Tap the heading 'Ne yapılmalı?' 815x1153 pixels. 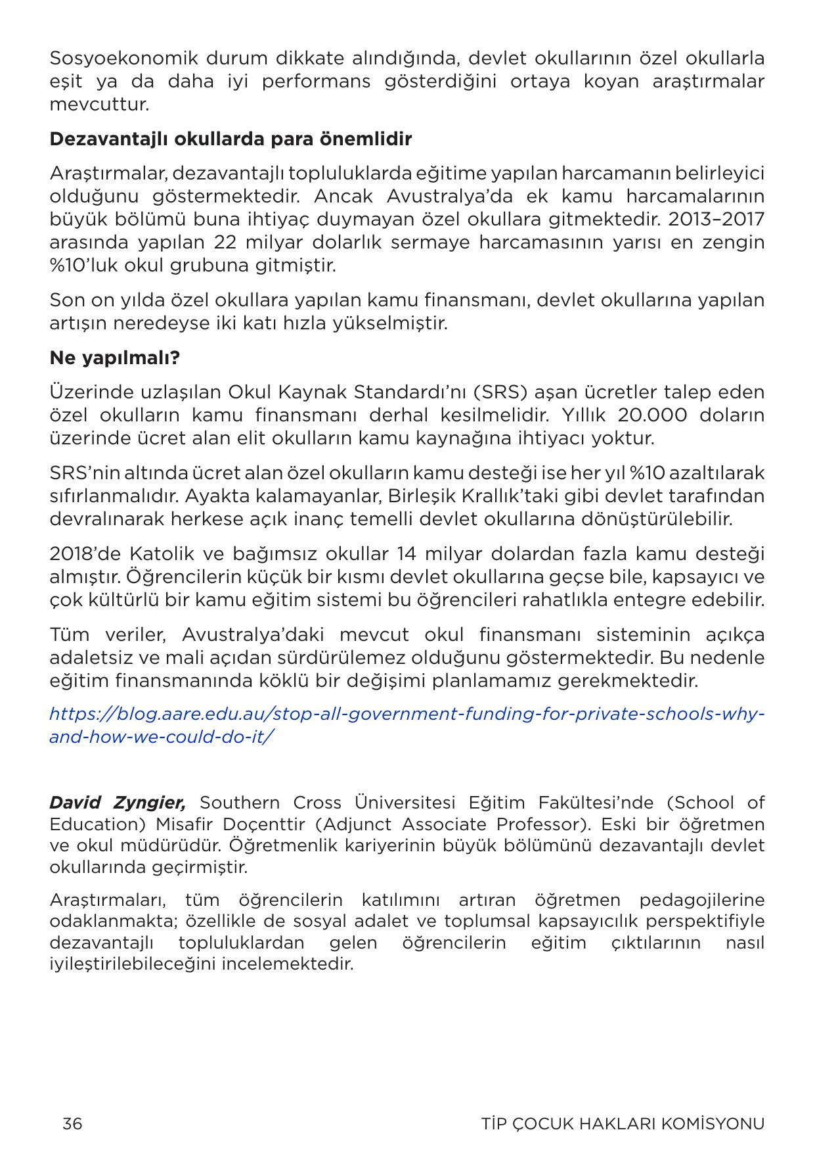coord(114,358)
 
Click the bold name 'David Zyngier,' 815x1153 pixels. coord(118,803)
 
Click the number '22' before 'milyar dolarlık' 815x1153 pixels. coord(228,243)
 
